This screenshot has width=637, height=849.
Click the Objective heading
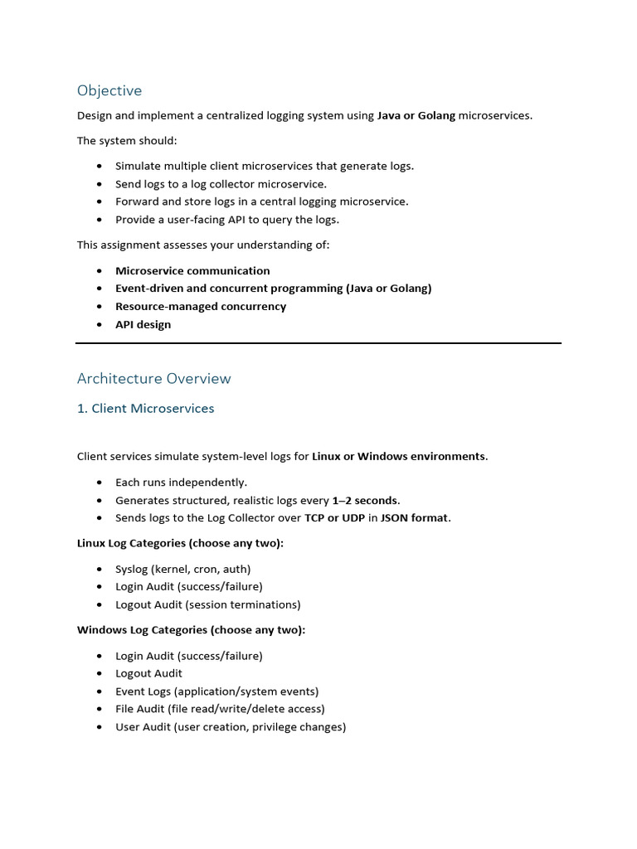click(x=109, y=90)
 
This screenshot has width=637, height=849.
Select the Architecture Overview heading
click(x=153, y=379)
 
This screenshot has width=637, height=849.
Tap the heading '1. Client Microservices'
click(x=145, y=409)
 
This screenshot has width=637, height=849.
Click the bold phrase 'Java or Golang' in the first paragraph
click(x=416, y=116)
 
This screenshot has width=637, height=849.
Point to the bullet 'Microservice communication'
click(x=192, y=271)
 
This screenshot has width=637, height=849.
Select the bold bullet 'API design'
click(x=143, y=325)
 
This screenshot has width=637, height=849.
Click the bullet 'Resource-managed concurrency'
click(x=201, y=307)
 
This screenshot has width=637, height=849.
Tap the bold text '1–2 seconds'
click(x=365, y=501)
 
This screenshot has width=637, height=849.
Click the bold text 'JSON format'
click(x=415, y=518)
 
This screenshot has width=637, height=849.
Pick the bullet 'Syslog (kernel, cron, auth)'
click(x=182, y=570)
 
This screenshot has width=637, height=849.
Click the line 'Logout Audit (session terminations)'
click(x=207, y=605)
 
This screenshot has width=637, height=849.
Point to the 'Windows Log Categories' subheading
click(x=191, y=630)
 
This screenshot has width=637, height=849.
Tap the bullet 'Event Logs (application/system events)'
click(x=216, y=691)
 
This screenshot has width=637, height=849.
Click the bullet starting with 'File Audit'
click(x=220, y=710)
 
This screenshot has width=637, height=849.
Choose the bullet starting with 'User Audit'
click(x=231, y=727)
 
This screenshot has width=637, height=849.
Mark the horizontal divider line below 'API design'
click(x=318, y=342)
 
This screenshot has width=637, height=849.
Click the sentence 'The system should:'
click(x=127, y=141)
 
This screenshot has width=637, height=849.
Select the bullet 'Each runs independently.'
click(x=181, y=483)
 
